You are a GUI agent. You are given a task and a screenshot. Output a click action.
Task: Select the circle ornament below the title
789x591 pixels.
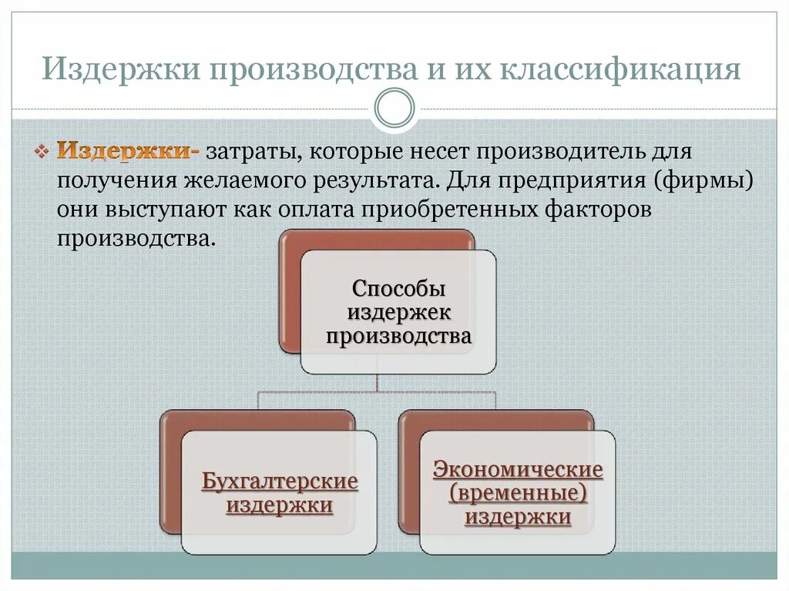(394, 108)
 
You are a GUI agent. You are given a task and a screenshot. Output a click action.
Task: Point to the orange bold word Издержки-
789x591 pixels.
(128, 149)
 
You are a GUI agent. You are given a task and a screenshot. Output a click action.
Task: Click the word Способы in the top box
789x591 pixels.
(398, 290)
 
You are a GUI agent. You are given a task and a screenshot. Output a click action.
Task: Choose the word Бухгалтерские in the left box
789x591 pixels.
(280, 482)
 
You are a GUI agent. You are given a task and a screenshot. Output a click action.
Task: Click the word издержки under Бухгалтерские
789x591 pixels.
(280, 505)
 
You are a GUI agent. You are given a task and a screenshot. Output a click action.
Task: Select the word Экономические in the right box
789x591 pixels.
(518, 469)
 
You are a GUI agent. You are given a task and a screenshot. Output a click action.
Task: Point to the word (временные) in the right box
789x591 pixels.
(518, 492)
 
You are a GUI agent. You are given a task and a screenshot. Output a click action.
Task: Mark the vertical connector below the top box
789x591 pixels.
(377, 383)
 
